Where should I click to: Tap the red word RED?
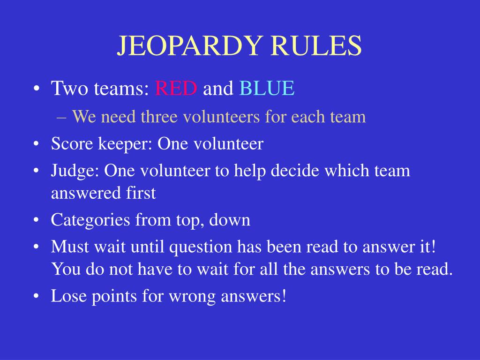pyautogui.click(x=176, y=88)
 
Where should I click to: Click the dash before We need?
pyautogui.click(x=65, y=117)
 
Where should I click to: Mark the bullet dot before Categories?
pyautogui.click(x=37, y=221)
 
